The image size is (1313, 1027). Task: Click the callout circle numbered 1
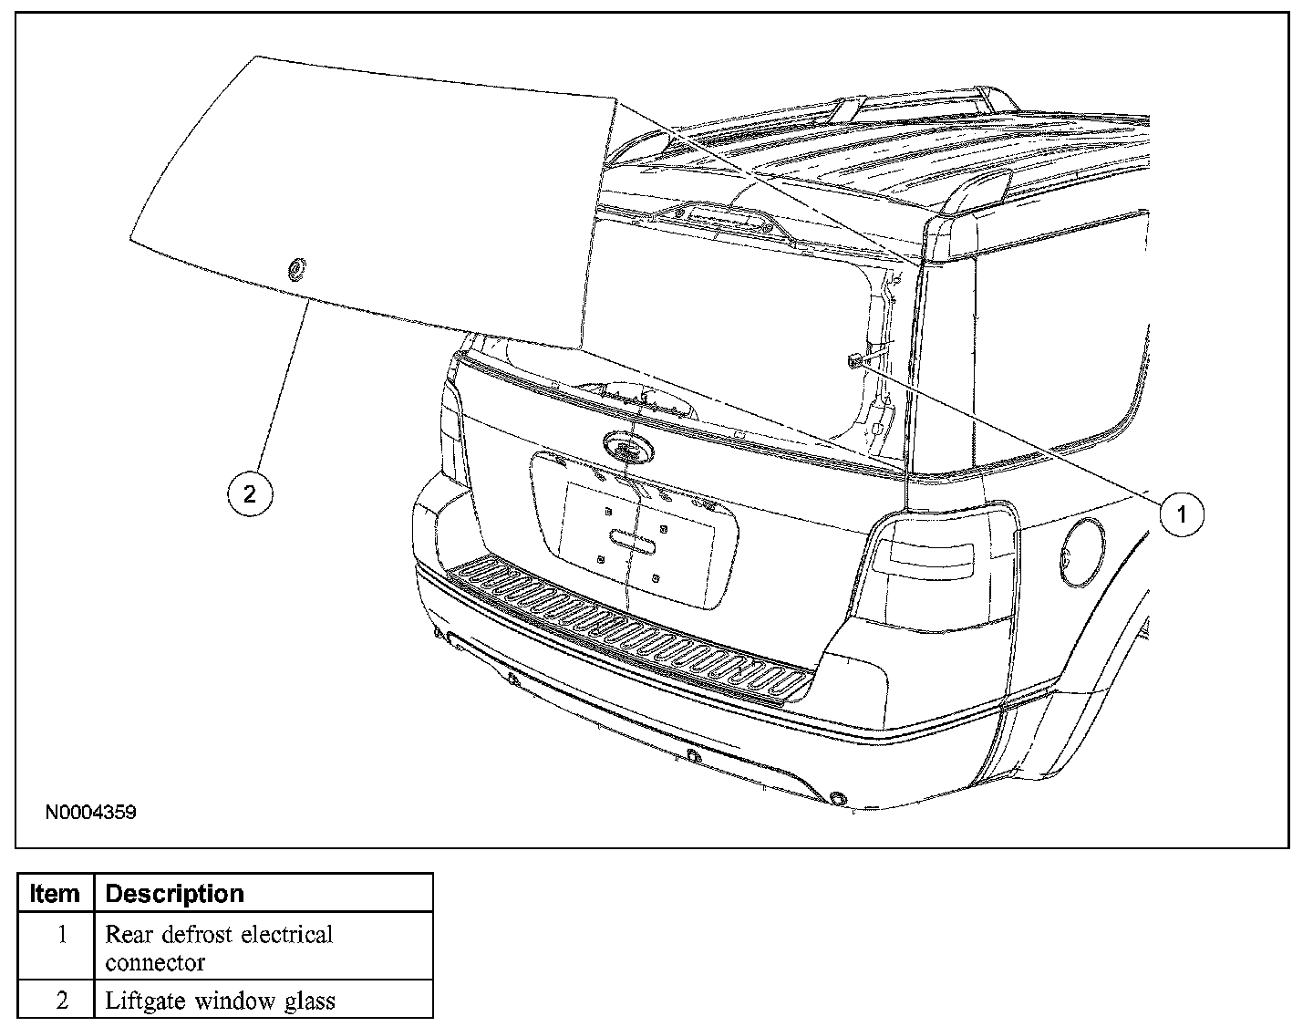(1182, 514)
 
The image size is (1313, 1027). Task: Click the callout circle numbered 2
(249, 493)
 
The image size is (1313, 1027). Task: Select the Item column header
(55, 894)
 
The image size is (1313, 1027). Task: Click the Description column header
(175, 894)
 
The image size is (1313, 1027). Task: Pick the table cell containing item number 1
(62, 935)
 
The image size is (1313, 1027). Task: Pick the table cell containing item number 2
(62, 1001)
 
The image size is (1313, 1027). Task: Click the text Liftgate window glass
(221, 1001)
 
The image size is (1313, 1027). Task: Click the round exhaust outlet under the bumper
(837, 800)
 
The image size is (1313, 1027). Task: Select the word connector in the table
(155, 962)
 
